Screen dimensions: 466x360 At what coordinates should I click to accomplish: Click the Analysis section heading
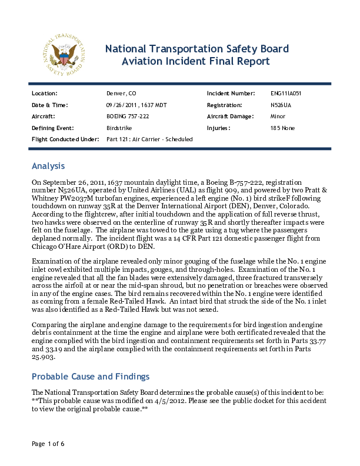click(48, 167)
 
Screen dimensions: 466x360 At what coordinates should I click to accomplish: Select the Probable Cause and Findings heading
click(91, 377)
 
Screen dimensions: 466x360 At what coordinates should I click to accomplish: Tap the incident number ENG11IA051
click(286, 94)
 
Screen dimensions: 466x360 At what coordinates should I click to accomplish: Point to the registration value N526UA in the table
click(280, 105)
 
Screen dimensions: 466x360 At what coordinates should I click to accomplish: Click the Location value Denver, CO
click(121, 94)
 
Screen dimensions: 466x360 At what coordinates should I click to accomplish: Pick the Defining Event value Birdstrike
click(119, 128)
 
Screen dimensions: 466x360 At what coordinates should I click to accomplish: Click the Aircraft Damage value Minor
click(278, 116)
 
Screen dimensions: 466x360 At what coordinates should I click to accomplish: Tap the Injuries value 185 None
click(282, 128)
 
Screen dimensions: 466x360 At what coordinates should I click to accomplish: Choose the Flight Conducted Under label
click(65, 139)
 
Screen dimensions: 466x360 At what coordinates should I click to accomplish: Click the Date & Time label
click(49, 105)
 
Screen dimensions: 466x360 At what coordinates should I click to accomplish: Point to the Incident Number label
click(231, 94)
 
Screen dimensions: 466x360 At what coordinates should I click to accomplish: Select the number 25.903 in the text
click(45, 357)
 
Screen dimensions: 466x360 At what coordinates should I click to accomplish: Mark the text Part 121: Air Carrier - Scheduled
click(149, 139)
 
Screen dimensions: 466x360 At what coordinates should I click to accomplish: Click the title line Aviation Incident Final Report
click(195, 61)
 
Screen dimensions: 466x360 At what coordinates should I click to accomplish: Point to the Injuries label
click(219, 128)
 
